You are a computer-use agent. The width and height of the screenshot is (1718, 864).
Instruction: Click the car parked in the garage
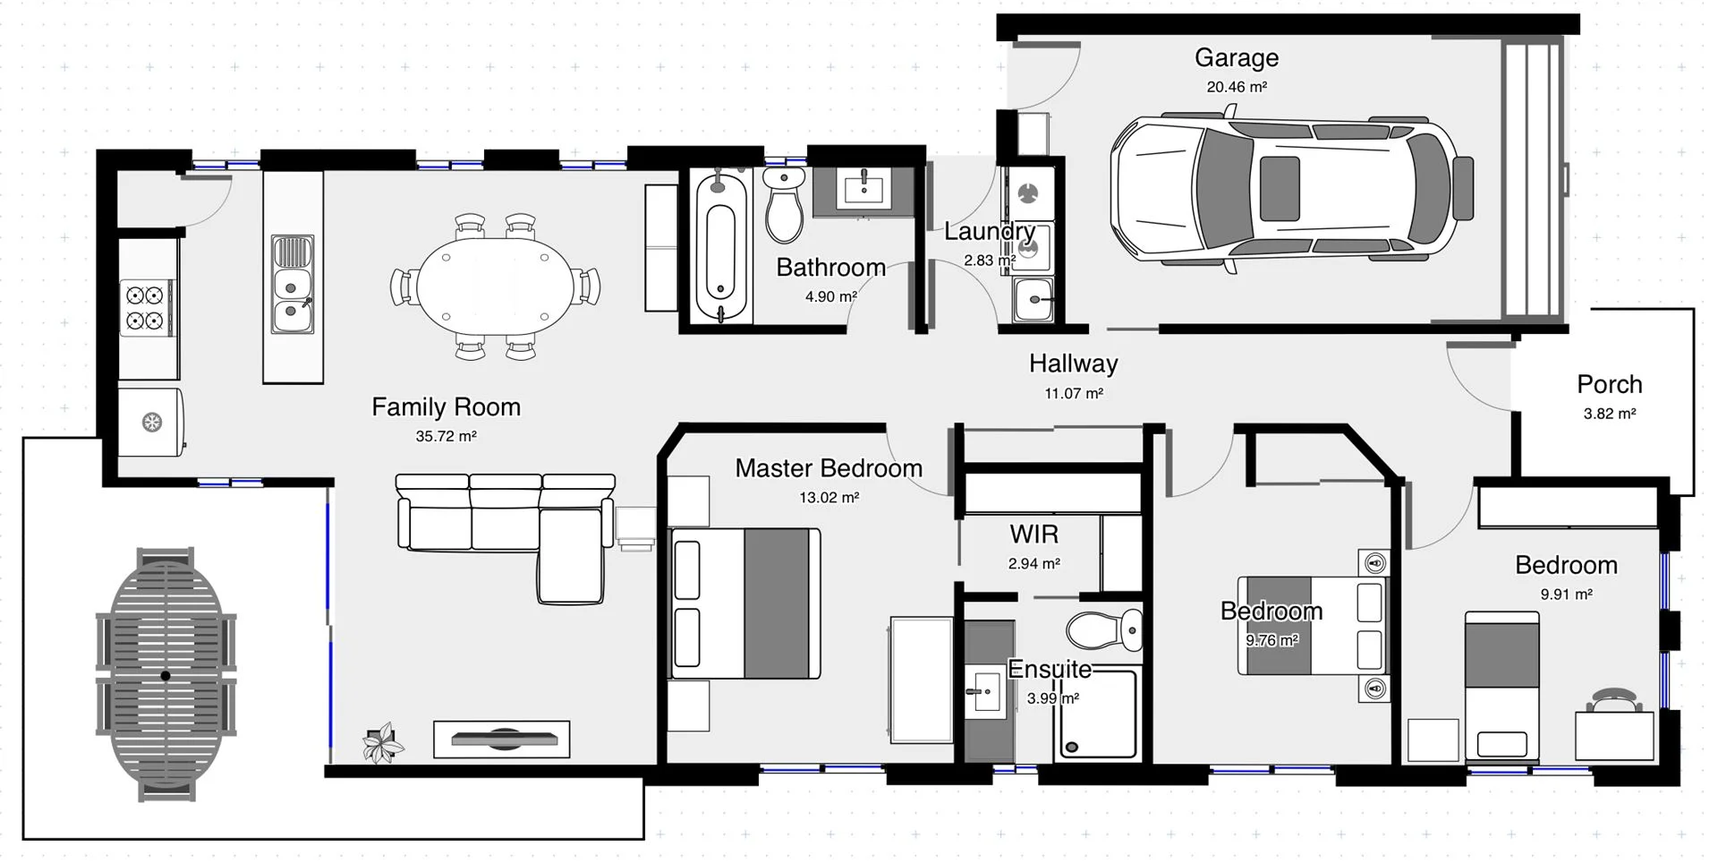(x=1288, y=191)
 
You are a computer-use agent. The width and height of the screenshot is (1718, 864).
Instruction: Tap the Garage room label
(x=1236, y=58)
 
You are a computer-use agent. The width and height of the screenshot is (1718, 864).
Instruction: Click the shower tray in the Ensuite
(x=1098, y=714)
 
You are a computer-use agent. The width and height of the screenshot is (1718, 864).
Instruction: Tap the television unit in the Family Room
(x=501, y=739)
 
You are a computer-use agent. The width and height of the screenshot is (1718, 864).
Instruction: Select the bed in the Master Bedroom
(x=744, y=603)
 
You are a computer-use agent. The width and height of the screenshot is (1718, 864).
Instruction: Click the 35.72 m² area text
(x=446, y=437)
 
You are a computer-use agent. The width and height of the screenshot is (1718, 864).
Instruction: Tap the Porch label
(x=1609, y=385)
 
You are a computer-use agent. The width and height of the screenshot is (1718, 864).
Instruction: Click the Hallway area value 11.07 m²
(x=1073, y=394)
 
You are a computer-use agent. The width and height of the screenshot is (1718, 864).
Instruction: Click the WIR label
(x=1033, y=535)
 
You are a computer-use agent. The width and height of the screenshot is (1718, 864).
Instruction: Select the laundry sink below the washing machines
(x=1033, y=299)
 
